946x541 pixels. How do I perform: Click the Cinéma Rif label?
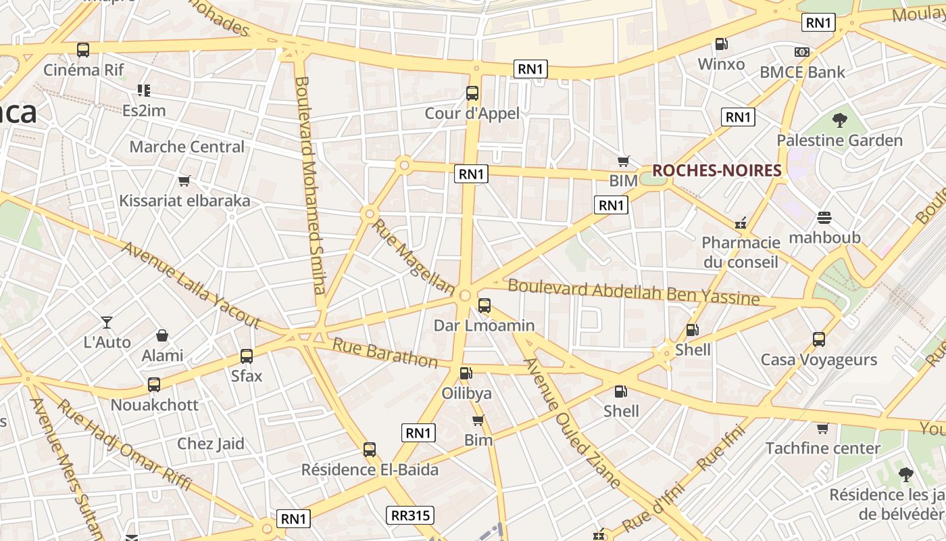[x=84, y=70]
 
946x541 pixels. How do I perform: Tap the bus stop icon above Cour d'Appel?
[x=472, y=93]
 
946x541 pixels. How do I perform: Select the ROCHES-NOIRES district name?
[x=716, y=170]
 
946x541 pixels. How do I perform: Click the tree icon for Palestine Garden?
[x=840, y=121]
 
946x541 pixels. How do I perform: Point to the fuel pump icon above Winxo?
[x=722, y=45]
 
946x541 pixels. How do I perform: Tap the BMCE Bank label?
[x=802, y=72]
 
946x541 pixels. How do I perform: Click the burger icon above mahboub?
[x=824, y=218]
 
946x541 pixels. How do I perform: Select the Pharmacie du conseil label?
[x=741, y=252]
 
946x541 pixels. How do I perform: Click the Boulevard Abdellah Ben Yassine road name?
[x=633, y=291]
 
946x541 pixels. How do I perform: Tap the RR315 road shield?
[x=410, y=515]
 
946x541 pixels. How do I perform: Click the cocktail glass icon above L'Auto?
[x=107, y=322]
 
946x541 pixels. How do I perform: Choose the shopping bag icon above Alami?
[x=162, y=335]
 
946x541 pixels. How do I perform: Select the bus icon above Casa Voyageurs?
[x=819, y=339]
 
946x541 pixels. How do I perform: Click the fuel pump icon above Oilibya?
[x=466, y=373]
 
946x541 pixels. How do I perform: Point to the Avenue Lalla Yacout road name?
[x=191, y=285]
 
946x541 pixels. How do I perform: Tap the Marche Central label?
[x=186, y=147]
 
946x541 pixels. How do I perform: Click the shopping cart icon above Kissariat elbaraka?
[x=184, y=181]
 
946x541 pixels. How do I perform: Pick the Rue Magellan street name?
[x=414, y=258]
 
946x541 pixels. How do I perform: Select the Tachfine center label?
[x=822, y=448]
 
